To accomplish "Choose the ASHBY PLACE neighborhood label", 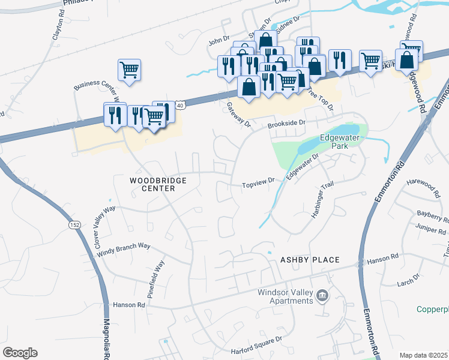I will pos(310,260).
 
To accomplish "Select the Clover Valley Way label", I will pos(104,227).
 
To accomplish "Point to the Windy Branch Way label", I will pos(124,251).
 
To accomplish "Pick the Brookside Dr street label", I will pos(286,122).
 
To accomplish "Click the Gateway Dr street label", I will pos(238,114).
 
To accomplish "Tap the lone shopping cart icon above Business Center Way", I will pos(129,70).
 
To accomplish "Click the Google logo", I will pos(20,352).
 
